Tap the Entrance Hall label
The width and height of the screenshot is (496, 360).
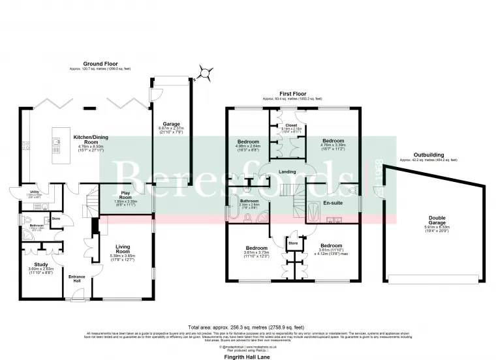pos(78,278)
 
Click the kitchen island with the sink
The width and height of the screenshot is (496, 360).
pos(55,145)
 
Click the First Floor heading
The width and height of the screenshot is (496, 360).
pos(293,95)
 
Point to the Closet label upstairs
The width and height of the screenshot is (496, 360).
pos(291,127)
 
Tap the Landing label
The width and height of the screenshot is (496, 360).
pos(288,172)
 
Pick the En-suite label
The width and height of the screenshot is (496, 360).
pos(333,203)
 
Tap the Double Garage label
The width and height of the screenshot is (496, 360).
pos(437,222)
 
